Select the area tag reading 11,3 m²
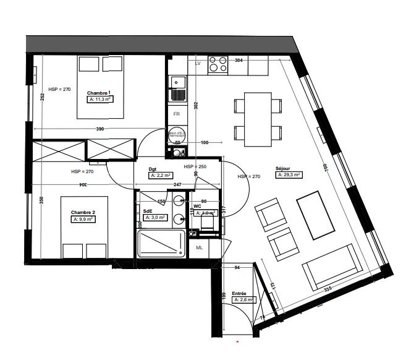coord(101,99)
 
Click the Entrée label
coord(239,293)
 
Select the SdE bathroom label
coord(148,210)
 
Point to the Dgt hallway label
coord(153,168)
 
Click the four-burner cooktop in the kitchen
coord(217,64)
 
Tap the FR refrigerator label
coord(176,114)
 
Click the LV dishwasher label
coord(198,64)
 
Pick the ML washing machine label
coord(200,248)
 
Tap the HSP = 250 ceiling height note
coord(194,167)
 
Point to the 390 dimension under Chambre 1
coord(99,129)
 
